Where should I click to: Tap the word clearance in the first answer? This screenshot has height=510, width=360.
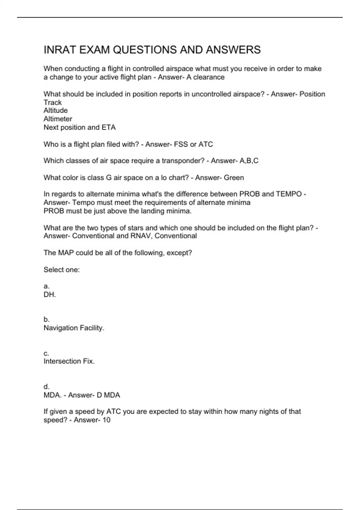209,77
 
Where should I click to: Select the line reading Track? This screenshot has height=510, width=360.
52,102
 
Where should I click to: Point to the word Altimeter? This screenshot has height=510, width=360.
58,119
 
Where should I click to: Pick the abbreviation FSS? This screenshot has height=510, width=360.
181,144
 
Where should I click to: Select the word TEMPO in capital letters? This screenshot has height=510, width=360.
289,194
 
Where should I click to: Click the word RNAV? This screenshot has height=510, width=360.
141,236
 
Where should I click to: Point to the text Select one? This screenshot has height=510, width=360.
61,270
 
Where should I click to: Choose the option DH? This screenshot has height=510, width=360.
49,295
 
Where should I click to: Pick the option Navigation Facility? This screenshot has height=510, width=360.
74,328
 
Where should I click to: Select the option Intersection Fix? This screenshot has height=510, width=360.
69,361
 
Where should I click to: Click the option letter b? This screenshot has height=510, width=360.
46,319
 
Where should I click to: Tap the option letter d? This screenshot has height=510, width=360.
46,386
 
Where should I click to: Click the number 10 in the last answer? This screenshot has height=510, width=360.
106,420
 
